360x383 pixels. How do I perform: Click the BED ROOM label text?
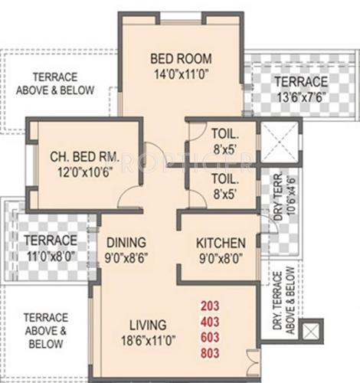[181, 59]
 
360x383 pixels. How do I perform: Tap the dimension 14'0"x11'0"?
[181, 74]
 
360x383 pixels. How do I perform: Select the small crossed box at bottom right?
[312, 332]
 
